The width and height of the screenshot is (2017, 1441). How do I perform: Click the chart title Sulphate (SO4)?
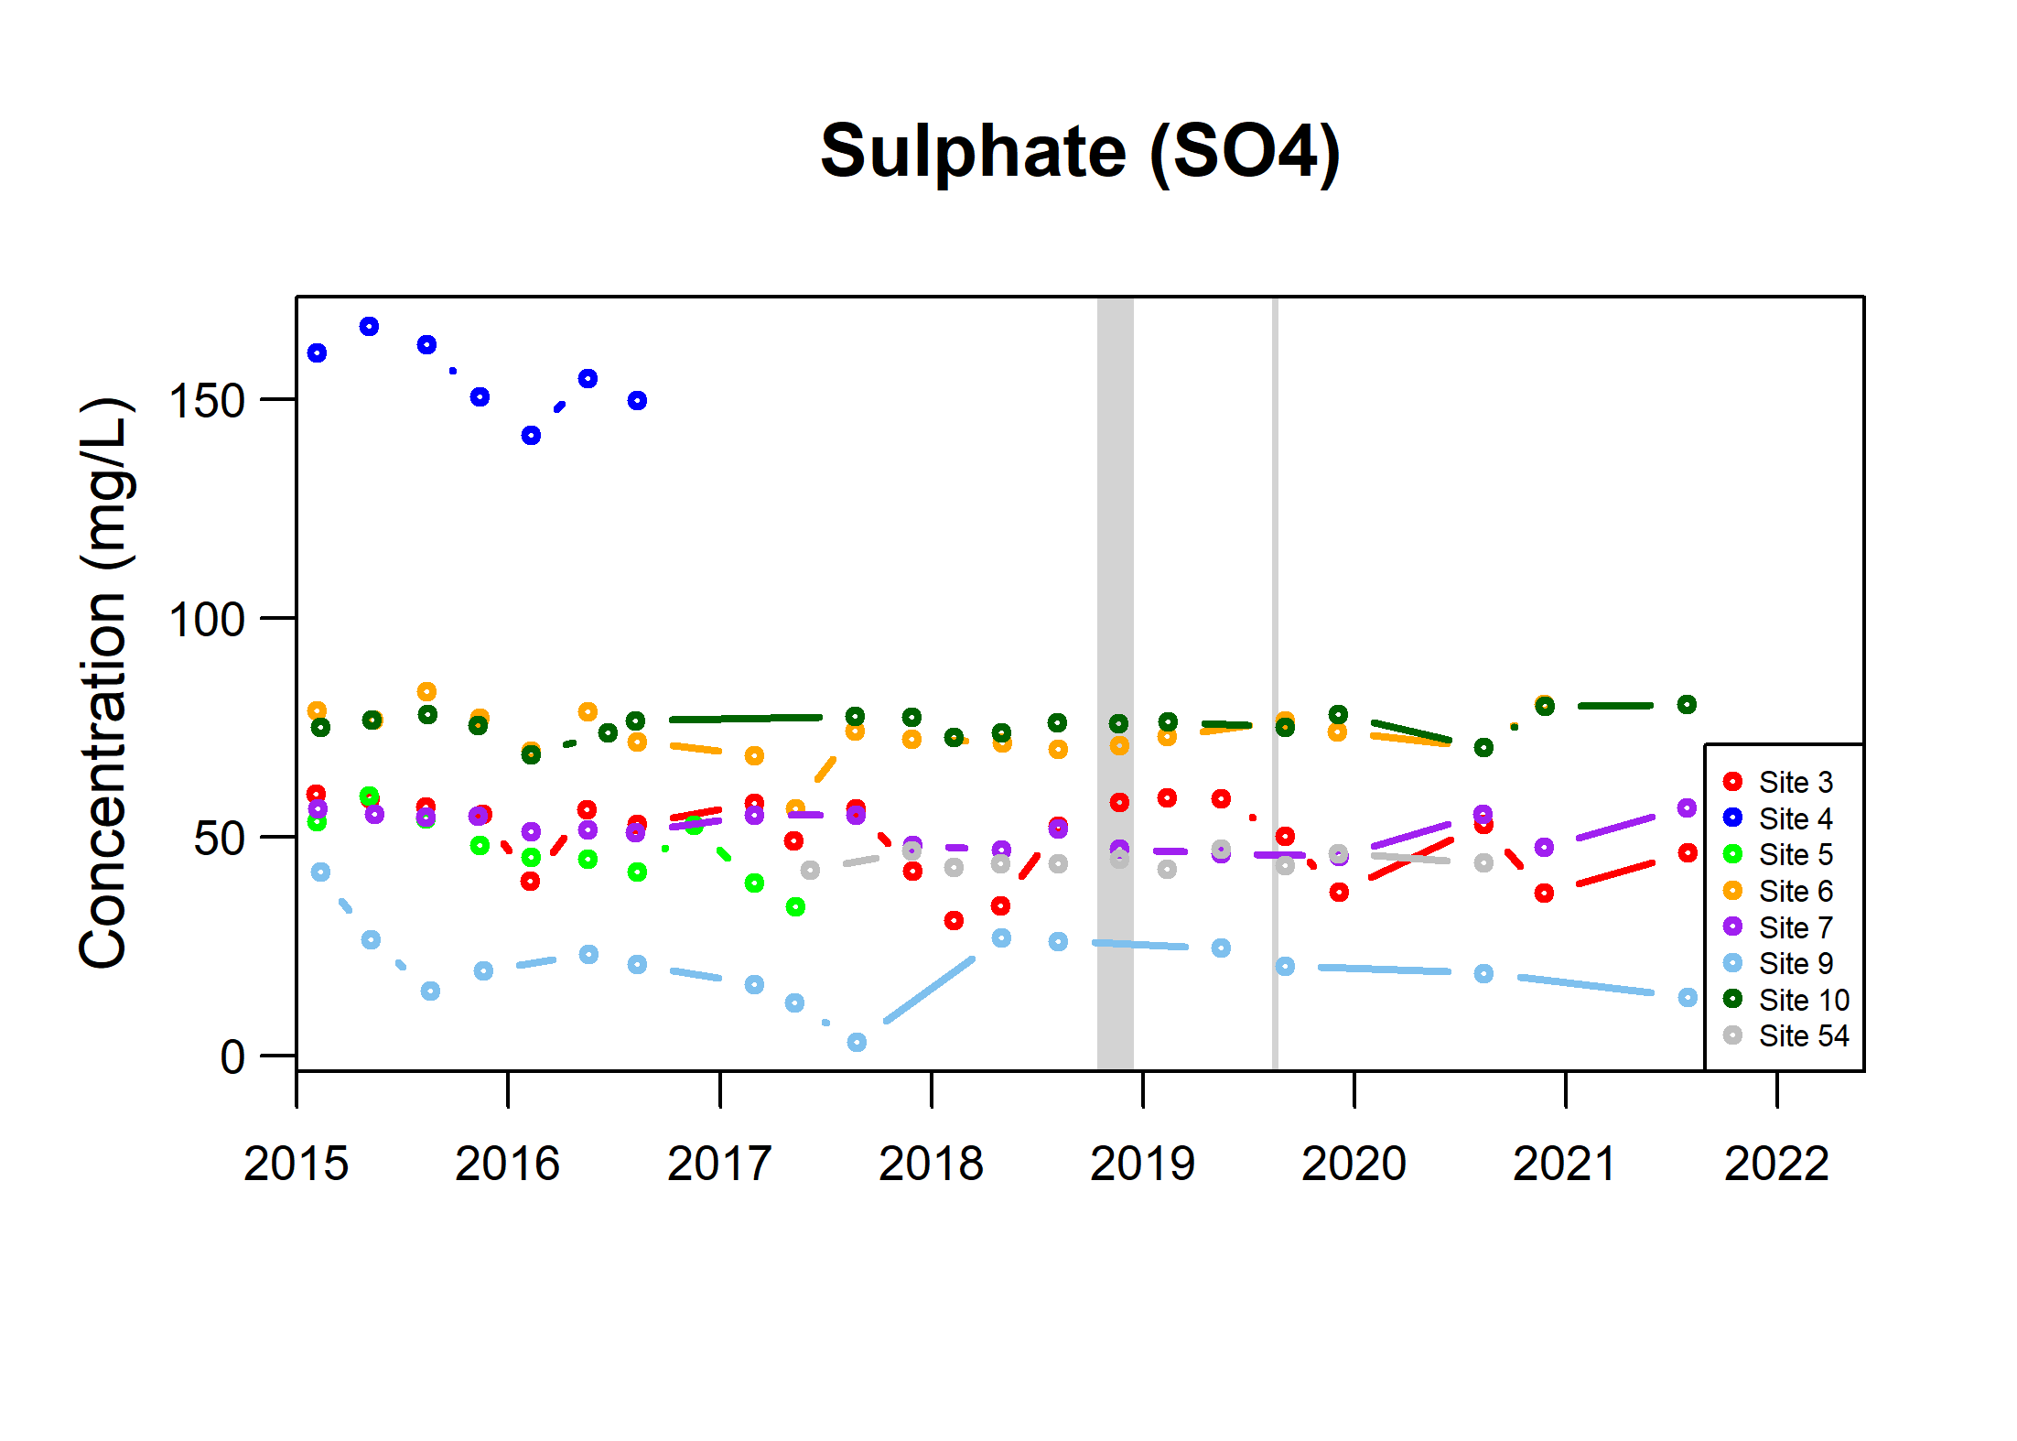[x=1080, y=152]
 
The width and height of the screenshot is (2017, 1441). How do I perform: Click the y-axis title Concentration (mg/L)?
[x=104, y=683]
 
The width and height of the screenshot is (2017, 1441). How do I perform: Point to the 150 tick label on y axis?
[x=207, y=401]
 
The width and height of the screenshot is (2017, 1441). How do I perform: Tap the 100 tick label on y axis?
[x=207, y=620]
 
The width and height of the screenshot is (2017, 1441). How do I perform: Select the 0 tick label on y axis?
[x=232, y=1057]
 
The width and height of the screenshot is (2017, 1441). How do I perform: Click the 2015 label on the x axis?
[x=296, y=1164]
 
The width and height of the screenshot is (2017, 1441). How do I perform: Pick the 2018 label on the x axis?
[x=931, y=1164]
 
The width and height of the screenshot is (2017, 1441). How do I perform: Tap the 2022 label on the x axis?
[x=1776, y=1164]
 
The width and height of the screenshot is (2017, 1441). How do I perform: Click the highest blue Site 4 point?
[x=369, y=327]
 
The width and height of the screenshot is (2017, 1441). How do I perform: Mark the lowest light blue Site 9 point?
[x=857, y=1042]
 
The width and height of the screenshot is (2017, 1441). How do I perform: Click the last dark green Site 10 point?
[x=1687, y=704]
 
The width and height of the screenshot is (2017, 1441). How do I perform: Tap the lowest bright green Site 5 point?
[x=795, y=906]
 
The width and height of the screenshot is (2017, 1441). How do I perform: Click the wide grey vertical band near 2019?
[x=1115, y=683]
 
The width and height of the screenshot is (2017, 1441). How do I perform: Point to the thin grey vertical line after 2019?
[x=1274, y=683]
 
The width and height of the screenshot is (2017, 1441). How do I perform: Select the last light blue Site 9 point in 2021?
[x=1688, y=997]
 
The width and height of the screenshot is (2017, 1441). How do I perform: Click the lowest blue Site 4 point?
[x=531, y=435]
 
